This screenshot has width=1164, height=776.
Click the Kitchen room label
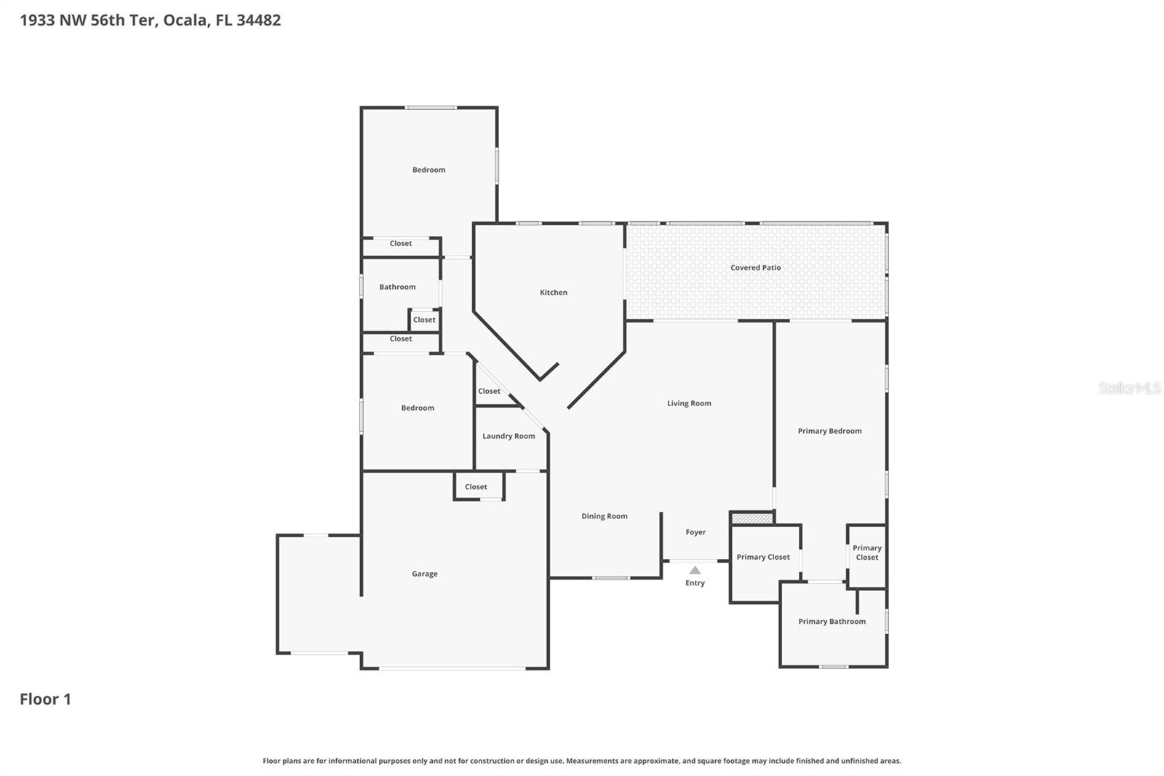553,293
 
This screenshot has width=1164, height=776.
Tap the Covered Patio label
755,268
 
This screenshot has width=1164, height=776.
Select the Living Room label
689,403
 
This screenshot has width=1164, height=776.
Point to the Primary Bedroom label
829,431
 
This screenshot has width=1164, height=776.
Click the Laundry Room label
509,436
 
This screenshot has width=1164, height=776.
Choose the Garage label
424,574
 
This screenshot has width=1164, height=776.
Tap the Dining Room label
604,516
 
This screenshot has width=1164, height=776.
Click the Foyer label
695,532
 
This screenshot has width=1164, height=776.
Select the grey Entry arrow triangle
695,570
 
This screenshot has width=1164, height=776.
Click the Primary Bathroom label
832,622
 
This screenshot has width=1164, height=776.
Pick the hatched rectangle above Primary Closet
752,518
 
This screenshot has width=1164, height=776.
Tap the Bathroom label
397,287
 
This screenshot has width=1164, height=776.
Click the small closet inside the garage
477,487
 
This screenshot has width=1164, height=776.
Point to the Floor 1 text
45,699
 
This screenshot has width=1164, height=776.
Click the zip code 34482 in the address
258,20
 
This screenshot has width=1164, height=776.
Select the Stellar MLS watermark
1129,388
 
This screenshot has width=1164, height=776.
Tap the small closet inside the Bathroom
424,320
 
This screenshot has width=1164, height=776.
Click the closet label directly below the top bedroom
400,244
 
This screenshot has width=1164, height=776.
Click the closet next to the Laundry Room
489,391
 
